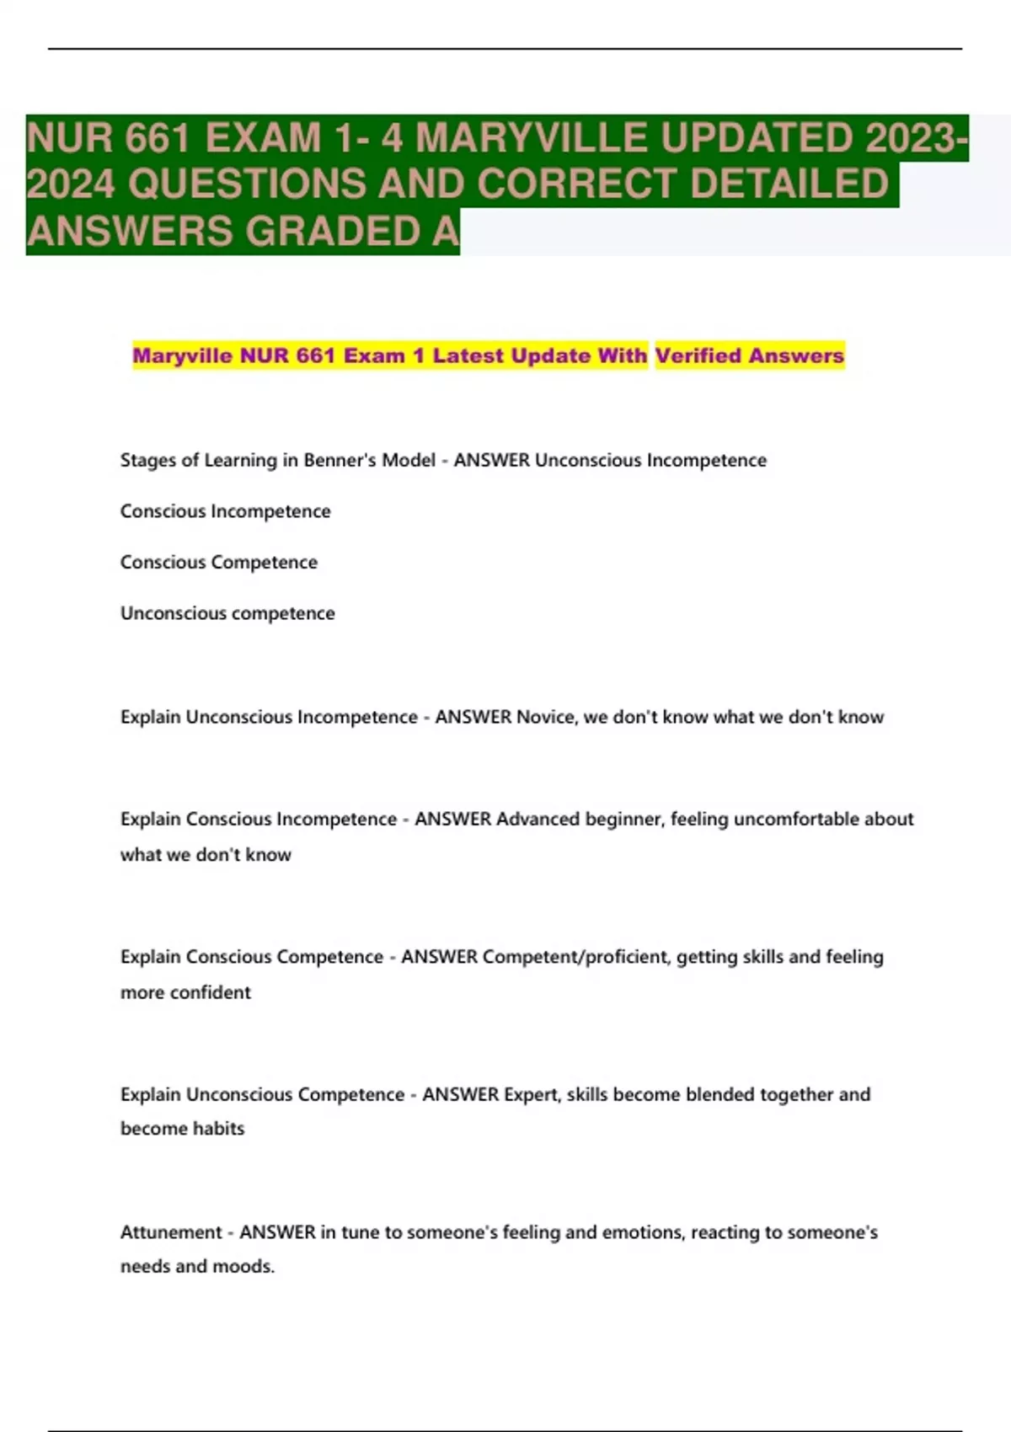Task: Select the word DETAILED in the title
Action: (x=789, y=184)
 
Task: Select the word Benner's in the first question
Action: (x=340, y=460)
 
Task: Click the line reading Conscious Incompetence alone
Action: (x=225, y=511)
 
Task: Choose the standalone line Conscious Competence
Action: (x=218, y=562)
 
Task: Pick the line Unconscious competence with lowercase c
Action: (x=227, y=613)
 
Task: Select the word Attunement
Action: (x=171, y=1232)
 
